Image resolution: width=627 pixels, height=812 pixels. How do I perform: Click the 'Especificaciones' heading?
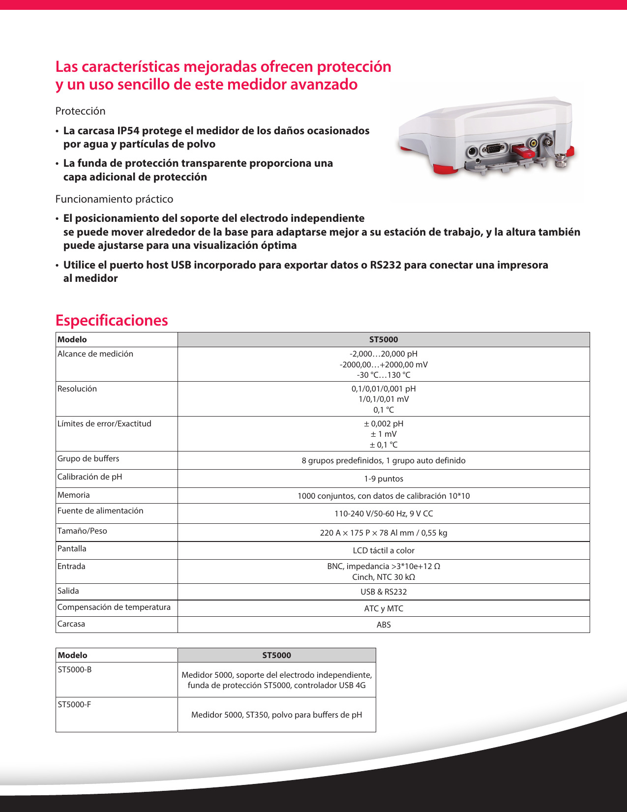[x=112, y=320]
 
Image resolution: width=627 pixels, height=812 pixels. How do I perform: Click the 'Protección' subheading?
[x=80, y=111]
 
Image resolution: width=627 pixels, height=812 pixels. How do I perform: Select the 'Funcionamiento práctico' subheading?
[x=114, y=199]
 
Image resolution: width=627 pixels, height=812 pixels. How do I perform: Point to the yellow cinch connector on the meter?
[x=533, y=144]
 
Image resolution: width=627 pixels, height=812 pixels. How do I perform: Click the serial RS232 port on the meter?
[x=493, y=150]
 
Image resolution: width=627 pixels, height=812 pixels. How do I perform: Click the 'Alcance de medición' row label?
[x=95, y=354]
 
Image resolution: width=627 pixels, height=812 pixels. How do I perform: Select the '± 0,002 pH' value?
[x=384, y=423]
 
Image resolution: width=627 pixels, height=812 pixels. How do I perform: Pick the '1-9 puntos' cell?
[x=384, y=479]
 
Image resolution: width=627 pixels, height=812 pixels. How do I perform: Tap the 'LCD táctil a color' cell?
[x=384, y=550]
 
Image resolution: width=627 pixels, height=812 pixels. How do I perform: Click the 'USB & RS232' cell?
[x=384, y=592]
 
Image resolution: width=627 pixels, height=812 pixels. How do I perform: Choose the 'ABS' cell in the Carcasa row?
[x=384, y=625]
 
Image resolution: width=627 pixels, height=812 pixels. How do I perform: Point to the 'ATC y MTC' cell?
[x=384, y=608]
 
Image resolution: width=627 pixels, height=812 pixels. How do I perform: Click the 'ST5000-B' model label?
[x=75, y=670]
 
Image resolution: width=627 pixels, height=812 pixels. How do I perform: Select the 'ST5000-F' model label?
[x=74, y=705]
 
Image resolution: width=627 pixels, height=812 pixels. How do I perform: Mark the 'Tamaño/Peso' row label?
[x=82, y=531]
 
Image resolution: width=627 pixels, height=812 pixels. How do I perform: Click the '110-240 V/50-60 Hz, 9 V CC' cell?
[x=384, y=513]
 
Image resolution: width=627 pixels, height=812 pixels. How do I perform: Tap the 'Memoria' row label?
[x=74, y=495]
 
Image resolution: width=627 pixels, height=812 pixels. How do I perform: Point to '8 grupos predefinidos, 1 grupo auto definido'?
[x=384, y=460]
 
